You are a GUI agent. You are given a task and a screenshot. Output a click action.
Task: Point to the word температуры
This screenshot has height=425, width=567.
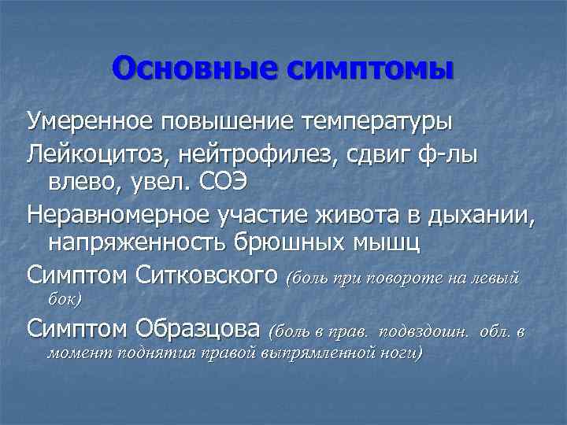[376, 122]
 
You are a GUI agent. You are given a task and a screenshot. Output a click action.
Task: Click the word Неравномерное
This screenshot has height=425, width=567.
[113, 213]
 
